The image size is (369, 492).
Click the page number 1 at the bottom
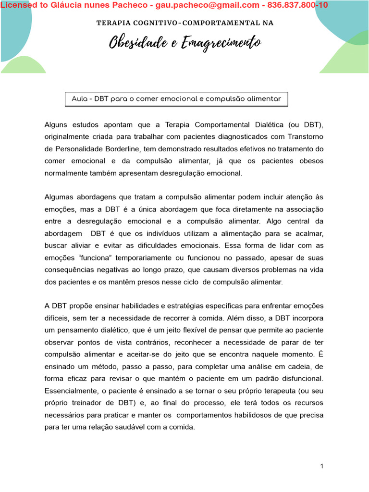[x=322, y=467]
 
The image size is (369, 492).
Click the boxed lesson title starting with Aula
[x=176, y=99]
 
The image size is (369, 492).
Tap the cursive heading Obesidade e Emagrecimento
[x=185, y=43]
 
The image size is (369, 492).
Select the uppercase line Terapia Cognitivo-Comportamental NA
[x=185, y=23]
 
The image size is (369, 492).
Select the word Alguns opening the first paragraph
[x=56, y=124]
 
